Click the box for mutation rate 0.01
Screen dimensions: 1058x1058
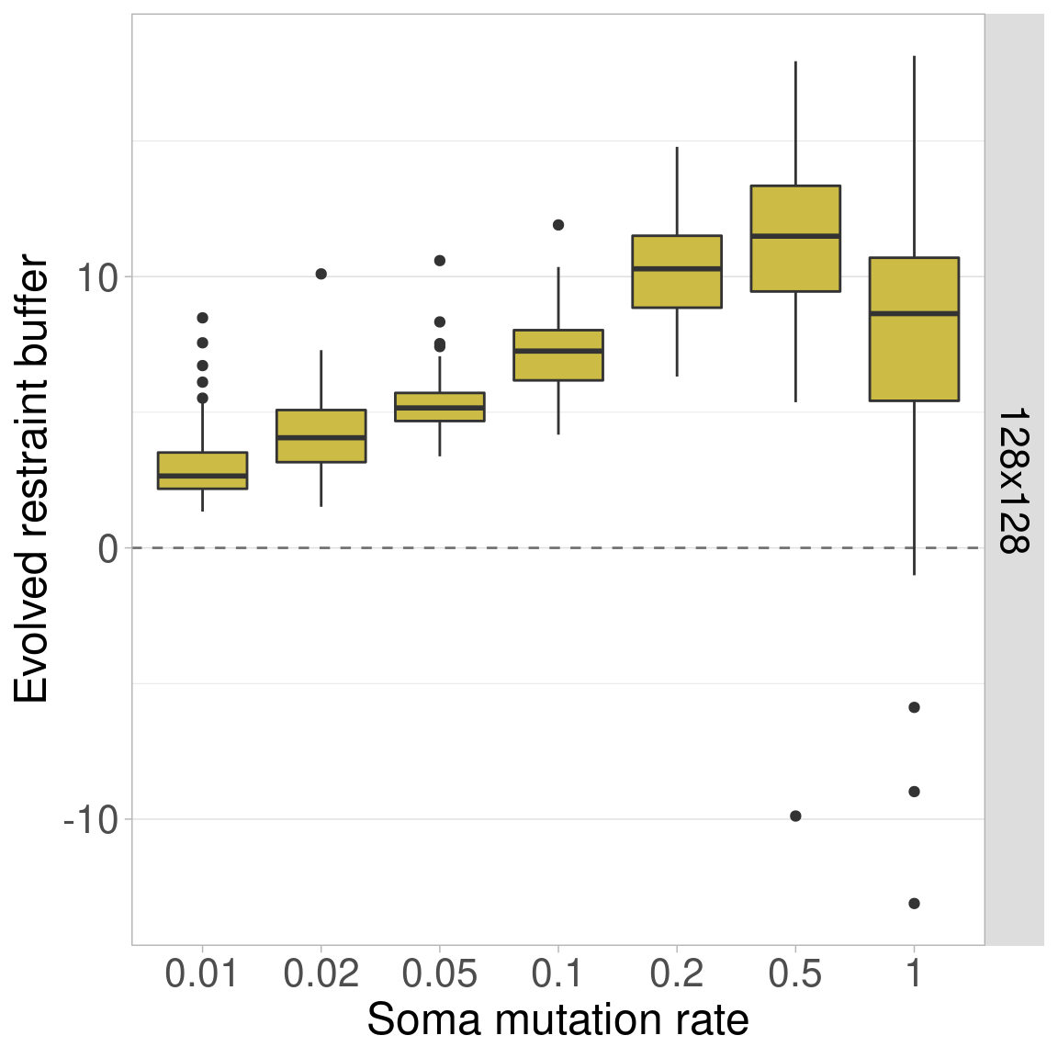click(x=202, y=470)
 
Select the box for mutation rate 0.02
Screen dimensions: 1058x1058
click(x=321, y=435)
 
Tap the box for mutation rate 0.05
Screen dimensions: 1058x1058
click(x=440, y=407)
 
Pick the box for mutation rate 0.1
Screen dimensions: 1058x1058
click(x=558, y=355)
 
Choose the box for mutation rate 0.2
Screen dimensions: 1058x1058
click(x=677, y=271)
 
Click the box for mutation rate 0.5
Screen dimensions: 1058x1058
click(x=795, y=239)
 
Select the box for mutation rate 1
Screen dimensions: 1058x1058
click(x=914, y=329)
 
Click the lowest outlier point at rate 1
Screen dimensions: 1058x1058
click(x=914, y=904)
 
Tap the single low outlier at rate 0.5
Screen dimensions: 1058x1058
click(x=795, y=816)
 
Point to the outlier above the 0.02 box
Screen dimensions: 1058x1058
click(x=321, y=274)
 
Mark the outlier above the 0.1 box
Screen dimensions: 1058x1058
click(x=558, y=225)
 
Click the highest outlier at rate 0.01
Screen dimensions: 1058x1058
click(x=202, y=318)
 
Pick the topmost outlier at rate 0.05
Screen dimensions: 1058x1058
click(x=440, y=261)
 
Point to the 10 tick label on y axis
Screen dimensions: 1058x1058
click(x=96, y=277)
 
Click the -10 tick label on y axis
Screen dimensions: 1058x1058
click(x=91, y=819)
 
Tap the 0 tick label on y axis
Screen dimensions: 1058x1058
click(x=109, y=548)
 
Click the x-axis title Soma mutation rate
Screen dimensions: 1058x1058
click(x=557, y=1020)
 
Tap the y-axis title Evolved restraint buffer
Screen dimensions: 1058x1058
click(x=31, y=478)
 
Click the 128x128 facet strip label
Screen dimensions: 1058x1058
click(x=1014, y=480)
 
